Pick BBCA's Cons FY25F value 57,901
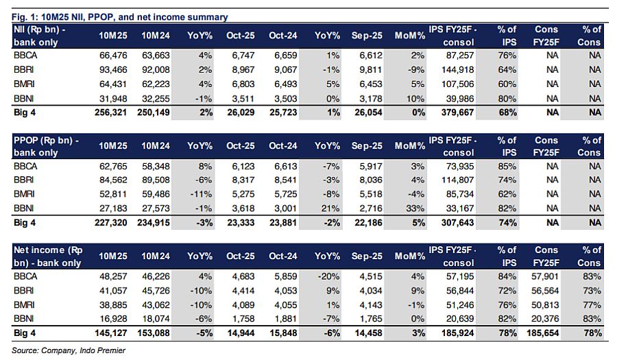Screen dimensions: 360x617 [x=547, y=276]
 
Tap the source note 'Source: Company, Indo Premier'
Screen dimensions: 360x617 [x=69, y=350]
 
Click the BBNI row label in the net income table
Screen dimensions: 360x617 [x=25, y=319]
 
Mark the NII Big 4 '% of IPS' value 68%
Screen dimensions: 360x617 [x=506, y=112]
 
